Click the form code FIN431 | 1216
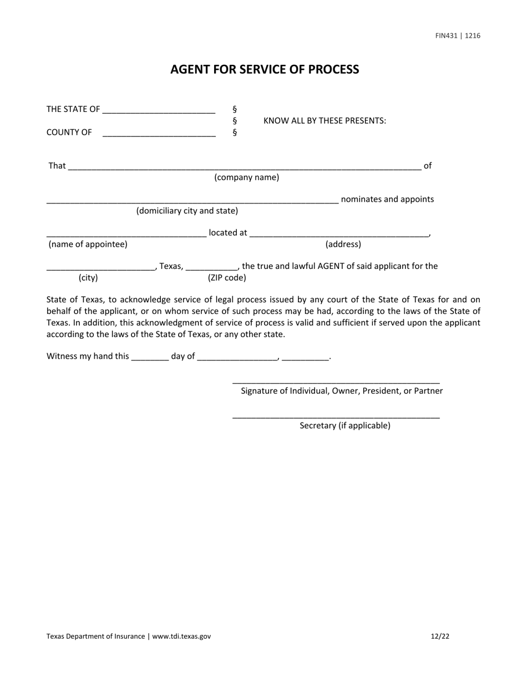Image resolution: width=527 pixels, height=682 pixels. click(458, 35)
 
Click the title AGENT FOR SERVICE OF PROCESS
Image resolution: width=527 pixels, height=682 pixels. click(265, 69)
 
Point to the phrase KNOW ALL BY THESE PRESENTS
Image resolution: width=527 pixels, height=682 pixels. click(325, 121)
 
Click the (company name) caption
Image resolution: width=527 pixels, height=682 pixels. click(247, 177)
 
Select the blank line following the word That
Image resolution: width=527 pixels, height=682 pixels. click(244, 167)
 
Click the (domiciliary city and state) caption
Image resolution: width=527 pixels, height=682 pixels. click(187, 211)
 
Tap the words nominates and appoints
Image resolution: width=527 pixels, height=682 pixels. click(387, 199)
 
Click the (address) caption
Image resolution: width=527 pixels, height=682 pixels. click(343, 244)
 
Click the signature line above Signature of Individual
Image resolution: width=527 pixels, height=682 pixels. click(336, 381)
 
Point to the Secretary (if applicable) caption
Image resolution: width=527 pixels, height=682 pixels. click(344, 425)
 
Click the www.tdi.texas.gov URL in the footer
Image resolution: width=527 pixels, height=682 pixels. click(181, 636)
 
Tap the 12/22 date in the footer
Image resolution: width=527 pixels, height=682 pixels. click(439, 636)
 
